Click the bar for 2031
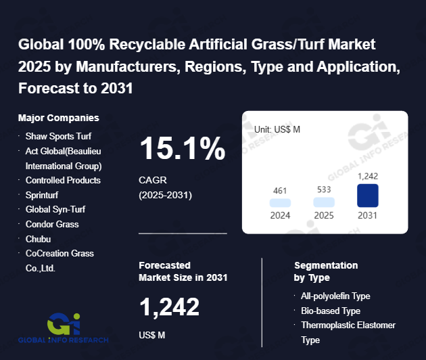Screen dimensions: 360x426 (367, 196)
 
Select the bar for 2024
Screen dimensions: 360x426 (280, 202)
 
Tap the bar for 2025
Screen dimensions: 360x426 (324, 202)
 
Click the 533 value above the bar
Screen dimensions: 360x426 (324, 189)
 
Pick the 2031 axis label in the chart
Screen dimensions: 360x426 (367, 216)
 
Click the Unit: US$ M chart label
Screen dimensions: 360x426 (277, 129)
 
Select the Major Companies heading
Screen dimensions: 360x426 (59, 118)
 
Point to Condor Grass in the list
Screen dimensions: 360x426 (52, 224)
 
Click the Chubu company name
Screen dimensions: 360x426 (38, 239)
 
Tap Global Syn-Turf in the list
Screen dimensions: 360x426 (55, 209)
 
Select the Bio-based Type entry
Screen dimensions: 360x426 (331, 311)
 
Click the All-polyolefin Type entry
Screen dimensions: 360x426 (335, 296)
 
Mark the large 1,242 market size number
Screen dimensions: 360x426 (169, 308)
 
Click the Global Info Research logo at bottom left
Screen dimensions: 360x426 (64, 328)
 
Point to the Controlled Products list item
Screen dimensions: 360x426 (63, 180)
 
